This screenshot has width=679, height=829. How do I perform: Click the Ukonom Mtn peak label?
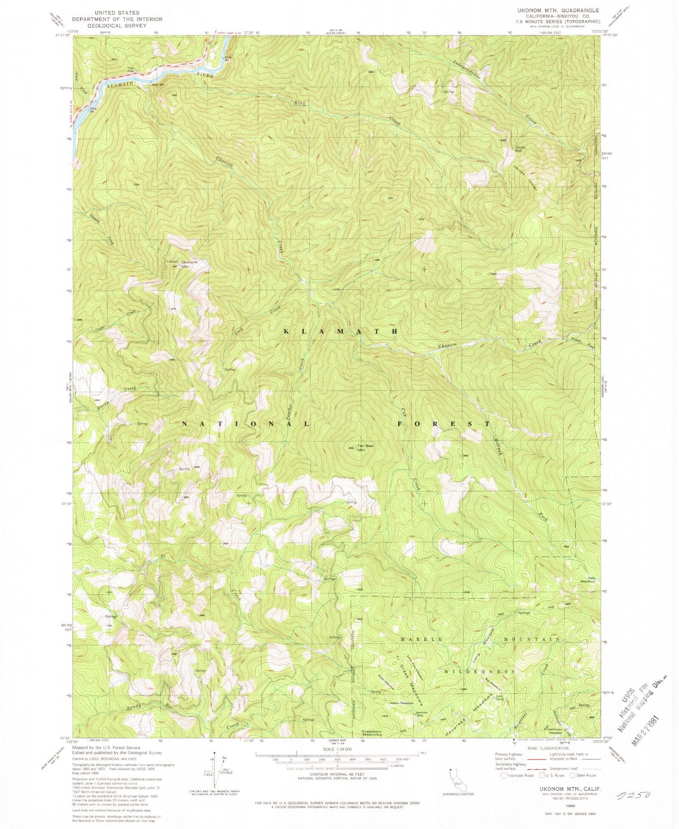click(189, 264)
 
